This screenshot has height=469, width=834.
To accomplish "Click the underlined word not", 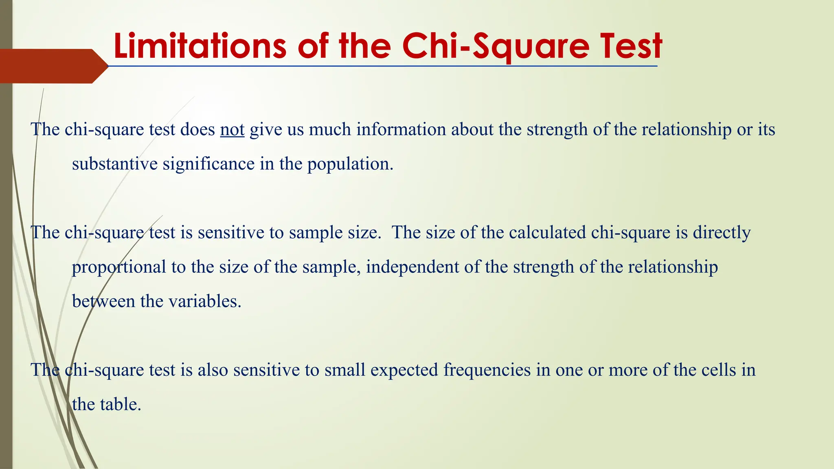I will [232, 129].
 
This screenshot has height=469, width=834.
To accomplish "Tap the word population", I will [350, 164].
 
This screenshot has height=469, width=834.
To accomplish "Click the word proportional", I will [119, 267].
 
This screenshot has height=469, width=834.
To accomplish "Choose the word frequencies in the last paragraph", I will [487, 370].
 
